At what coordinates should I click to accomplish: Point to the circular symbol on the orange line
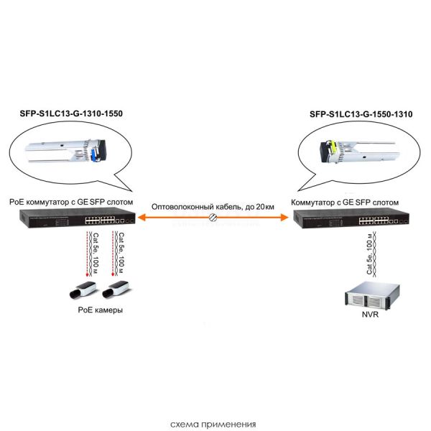[213, 217]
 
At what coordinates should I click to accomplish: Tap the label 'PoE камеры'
[100, 310]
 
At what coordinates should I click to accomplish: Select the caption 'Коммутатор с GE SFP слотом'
[346, 203]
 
